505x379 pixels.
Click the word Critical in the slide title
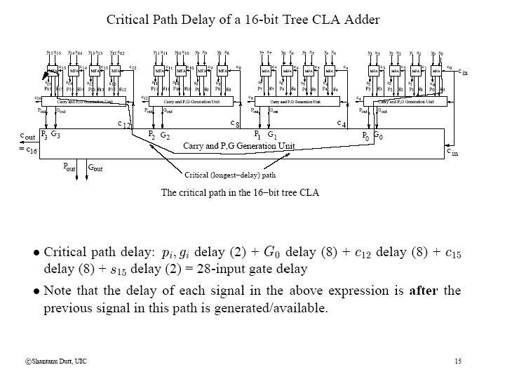[x=129, y=20]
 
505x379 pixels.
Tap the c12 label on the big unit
[x=123, y=124]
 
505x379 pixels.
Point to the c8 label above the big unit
[x=236, y=123]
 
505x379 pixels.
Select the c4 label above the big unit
[x=342, y=124]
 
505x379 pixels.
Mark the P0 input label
[x=365, y=134]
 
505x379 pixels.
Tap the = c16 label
[x=28, y=149]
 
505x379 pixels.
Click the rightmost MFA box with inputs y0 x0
[x=437, y=71]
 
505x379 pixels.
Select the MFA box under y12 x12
[x=114, y=71]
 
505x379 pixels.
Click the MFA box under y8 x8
[x=222, y=71]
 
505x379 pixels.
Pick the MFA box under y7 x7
[x=266, y=71]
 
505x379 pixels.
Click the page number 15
[x=458, y=361]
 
